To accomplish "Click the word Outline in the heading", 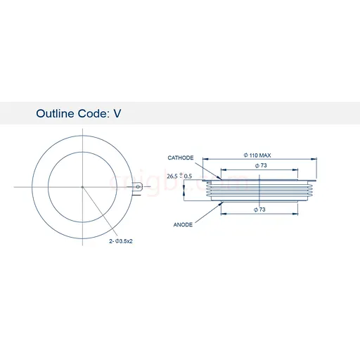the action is coord(55,113).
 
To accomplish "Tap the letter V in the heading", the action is coord(117,114).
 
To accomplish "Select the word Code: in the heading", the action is coord(94,113).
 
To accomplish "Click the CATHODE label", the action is coord(181,157).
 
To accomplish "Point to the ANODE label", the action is coord(183,224).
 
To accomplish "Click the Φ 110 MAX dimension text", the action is coord(257,155).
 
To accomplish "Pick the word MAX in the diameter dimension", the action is coord(265,155).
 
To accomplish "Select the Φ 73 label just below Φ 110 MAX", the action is coord(261,165).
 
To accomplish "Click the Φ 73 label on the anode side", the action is coord(259,210).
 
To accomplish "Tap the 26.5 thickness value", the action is coord(172,176).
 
